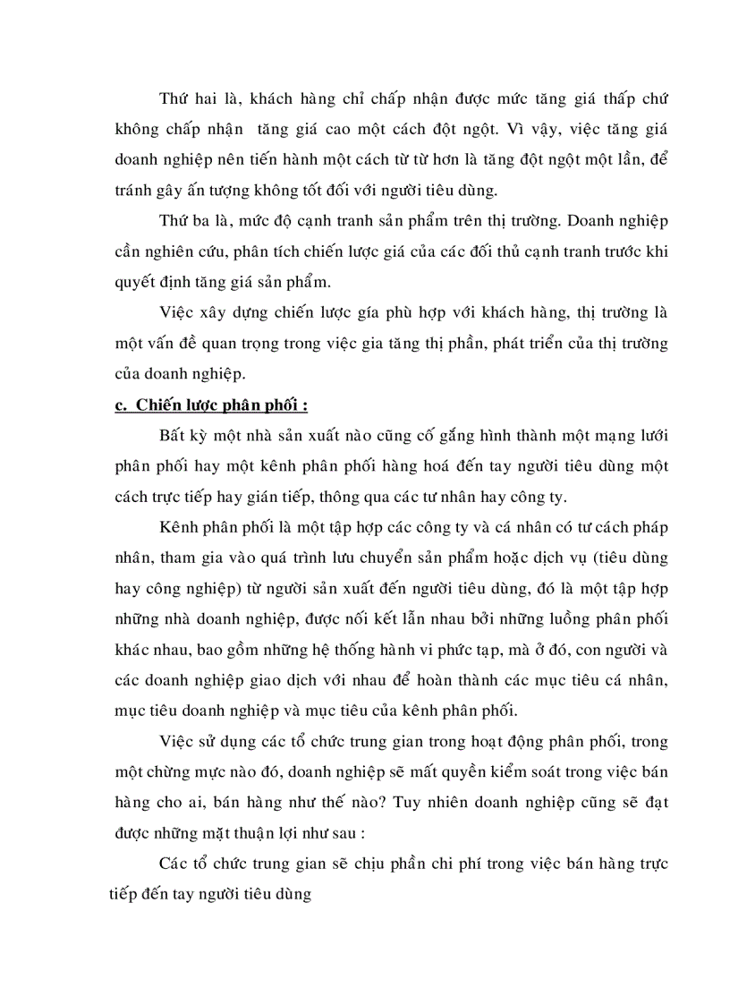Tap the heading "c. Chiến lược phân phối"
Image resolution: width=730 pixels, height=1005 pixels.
[212, 405]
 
